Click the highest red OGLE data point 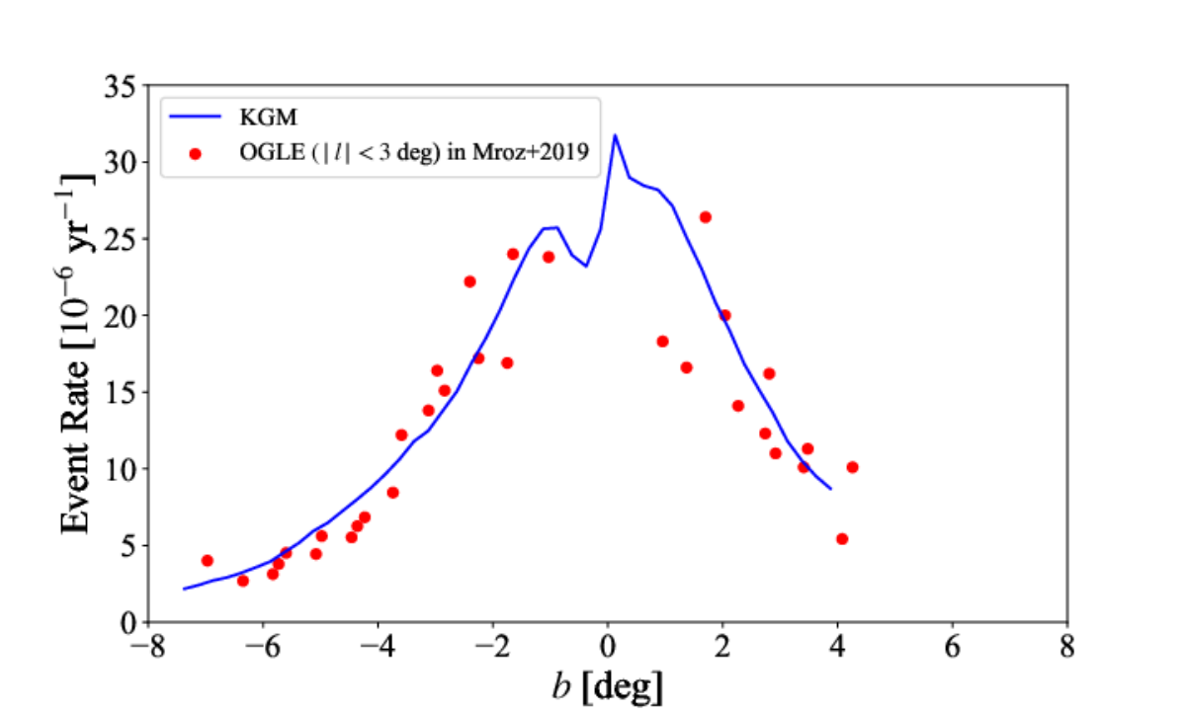click(x=706, y=217)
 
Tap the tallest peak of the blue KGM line click(x=615, y=135)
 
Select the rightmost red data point click(x=852, y=467)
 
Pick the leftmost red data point click(x=208, y=560)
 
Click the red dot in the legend click(x=195, y=154)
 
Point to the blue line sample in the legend click(x=195, y=117)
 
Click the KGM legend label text click(x=269, y=118)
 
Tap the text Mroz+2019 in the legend click(x=531, y=152)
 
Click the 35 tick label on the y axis click(x=120, y=86)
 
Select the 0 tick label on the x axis click(x=608, y=647)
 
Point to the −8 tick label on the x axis click(x=148, y=647)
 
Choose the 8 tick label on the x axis click(x=1067, y=647)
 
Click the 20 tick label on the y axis click(x=120, y=316)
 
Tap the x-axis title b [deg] click(x=607, y=686)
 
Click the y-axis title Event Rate click(x=74, y=446)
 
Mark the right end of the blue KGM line click(x=831, y=489)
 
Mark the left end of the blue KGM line click(x=184, y=589)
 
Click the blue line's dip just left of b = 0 click(x=586, y=266)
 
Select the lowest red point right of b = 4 click(x=842, y=539)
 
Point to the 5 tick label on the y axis click(x=127, y=545)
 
